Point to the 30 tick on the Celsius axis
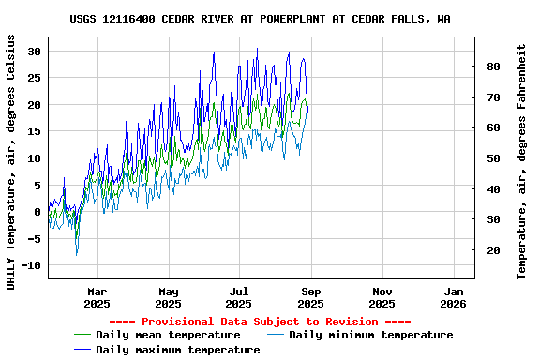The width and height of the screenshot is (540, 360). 36,52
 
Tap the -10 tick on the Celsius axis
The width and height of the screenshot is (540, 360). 32,266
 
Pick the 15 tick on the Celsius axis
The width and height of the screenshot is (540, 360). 36,132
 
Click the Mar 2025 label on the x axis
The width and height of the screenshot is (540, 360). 97,297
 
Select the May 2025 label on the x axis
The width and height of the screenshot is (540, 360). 168,297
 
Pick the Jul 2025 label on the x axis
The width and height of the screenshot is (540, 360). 239,297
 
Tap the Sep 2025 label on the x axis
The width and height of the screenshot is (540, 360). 310,297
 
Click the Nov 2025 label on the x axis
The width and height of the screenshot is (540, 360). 382,297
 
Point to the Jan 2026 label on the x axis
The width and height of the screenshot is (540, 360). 453,297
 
